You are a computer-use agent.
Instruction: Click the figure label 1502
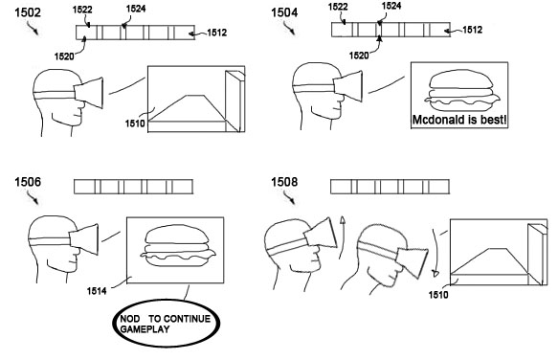[28, 12]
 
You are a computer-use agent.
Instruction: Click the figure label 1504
[284, 12]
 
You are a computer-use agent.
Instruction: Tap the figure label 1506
[28, 182]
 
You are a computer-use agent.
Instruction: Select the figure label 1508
[284, 182]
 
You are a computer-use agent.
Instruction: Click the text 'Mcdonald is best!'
[459, 120]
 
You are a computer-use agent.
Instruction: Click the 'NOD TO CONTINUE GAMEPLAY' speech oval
[167, 323]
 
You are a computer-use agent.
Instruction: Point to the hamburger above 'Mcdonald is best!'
[462, 90]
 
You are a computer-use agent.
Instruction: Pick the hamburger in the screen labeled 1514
[178, 246]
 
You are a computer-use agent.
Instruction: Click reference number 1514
[97, 291]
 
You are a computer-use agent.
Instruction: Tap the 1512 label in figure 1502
[216, 33]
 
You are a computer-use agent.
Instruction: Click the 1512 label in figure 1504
[472, 30]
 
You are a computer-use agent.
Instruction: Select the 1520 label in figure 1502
[64, 56]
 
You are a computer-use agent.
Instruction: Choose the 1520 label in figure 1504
[359, 56]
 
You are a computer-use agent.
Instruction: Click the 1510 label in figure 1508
[438, 295]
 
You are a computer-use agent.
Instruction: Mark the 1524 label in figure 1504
[391, 6]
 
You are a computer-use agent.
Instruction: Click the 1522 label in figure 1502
[82, 10]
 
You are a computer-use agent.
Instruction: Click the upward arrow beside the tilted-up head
[342, 236]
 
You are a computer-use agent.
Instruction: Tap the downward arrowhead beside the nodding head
[435, 274]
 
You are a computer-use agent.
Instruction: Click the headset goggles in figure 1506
[83, 238]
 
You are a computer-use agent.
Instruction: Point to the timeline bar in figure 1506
[133, 187]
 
